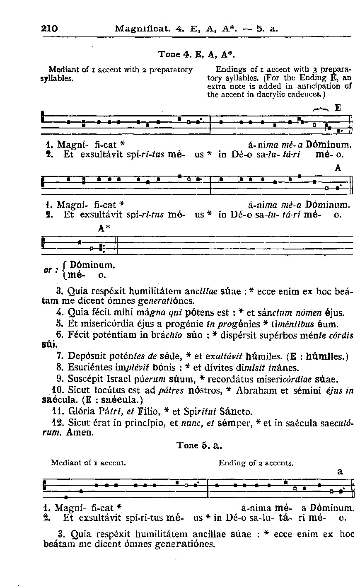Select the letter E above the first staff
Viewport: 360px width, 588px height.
tap(338, 107)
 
